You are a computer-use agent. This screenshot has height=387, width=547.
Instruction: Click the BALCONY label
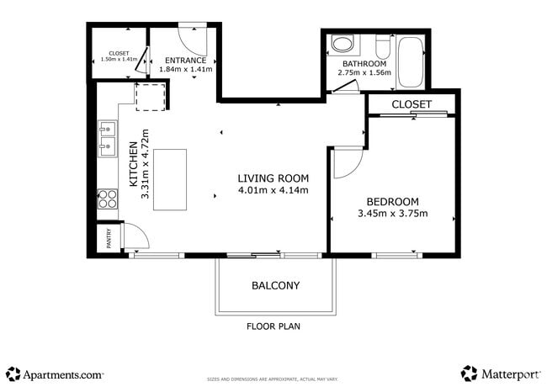(275, 285)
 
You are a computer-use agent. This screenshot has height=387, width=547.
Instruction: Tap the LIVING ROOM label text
(273, 178)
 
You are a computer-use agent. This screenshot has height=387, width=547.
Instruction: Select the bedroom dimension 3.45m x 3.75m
(392, 214)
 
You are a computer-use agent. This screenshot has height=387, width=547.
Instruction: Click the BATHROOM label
(364, 64)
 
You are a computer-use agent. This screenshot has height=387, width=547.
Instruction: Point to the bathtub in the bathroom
(411, 61)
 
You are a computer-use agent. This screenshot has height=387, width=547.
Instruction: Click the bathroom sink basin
(343, 44)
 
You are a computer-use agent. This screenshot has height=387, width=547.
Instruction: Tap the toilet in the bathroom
(381, 45)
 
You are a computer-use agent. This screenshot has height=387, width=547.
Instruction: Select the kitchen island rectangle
(169, 179)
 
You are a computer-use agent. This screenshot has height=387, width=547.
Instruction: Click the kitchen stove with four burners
(108, 199)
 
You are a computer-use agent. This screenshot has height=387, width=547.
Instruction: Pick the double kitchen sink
(107, 139)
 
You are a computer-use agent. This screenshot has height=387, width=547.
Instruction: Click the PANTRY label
(108, 240)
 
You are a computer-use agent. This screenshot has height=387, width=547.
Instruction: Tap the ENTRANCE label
(185, 61)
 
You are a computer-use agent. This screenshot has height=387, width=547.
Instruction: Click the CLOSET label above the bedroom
(412, 104)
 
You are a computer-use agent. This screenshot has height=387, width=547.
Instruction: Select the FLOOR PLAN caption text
(273, 326)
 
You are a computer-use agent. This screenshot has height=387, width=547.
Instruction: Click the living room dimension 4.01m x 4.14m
(273, 191)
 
